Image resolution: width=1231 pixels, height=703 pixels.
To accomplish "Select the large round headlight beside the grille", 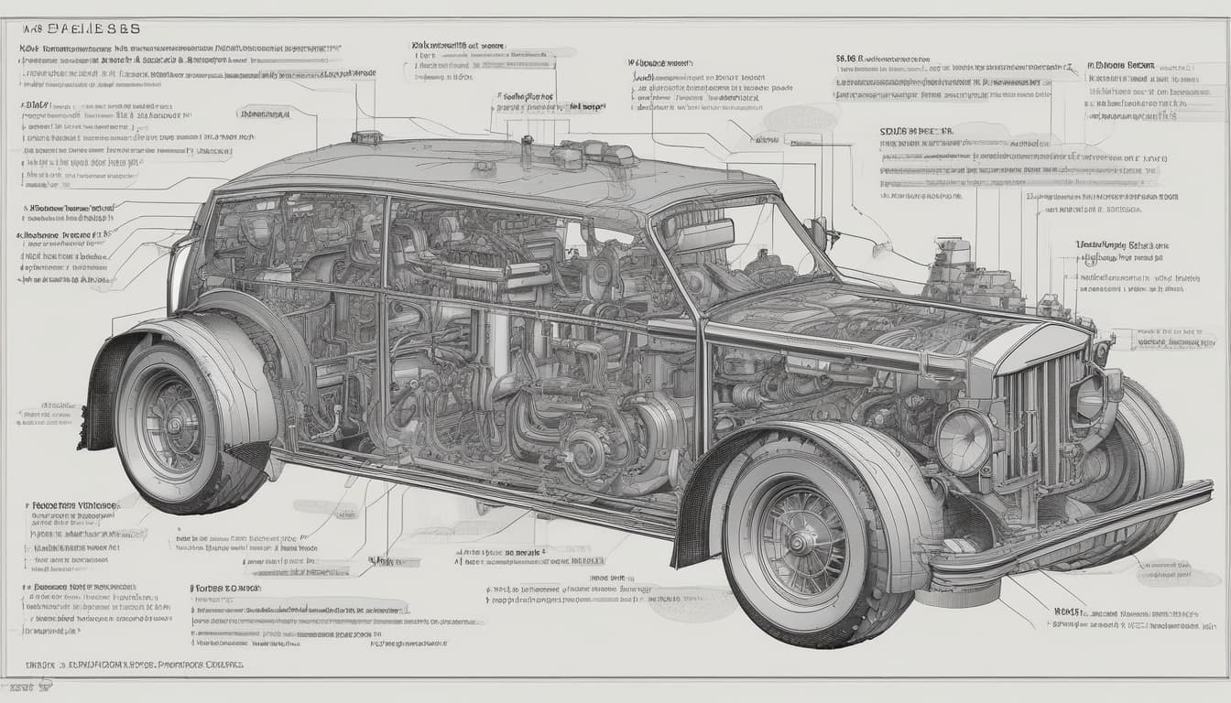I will click(962, 440).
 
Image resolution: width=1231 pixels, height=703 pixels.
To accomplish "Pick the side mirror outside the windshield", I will click(818, 231).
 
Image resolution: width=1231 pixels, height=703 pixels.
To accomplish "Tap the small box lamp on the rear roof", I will click(366, 138).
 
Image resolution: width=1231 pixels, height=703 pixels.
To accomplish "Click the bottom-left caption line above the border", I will click(128, 665).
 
